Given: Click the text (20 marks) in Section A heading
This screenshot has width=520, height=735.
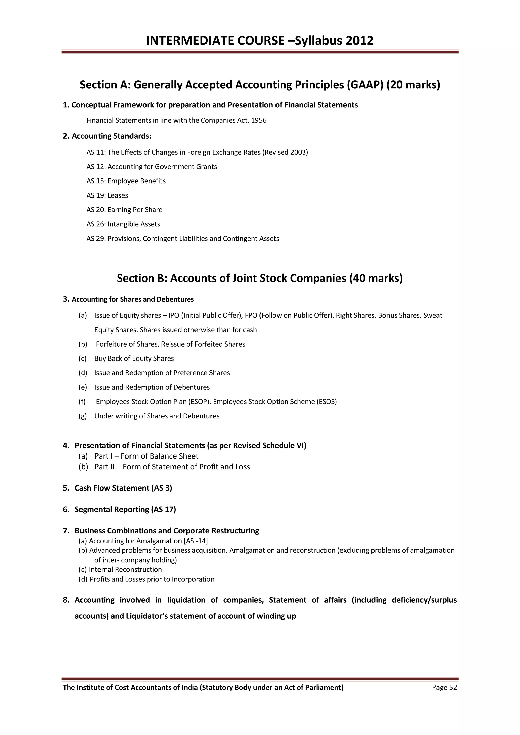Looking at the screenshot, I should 413,85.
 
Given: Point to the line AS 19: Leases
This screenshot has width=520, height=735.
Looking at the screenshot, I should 107,195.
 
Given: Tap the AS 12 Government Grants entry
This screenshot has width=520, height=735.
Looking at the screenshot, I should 151,167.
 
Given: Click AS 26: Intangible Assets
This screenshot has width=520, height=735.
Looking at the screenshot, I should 123,224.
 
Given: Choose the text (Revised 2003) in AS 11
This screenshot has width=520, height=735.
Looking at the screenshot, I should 285,152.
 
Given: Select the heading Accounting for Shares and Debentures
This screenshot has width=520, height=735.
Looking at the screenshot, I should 133,299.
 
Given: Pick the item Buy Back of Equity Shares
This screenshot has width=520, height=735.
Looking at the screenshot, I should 134,358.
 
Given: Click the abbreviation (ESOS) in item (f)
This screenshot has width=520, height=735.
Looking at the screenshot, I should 327,402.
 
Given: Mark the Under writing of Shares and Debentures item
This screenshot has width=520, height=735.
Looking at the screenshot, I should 157,416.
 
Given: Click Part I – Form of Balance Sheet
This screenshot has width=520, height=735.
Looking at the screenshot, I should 146,456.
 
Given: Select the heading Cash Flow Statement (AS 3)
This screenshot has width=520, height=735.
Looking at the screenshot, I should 123,488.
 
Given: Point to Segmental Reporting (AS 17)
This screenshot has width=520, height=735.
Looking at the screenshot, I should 125,509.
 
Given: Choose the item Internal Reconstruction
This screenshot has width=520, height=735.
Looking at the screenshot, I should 125,570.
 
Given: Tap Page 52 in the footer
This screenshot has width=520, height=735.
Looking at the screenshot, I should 444,688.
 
